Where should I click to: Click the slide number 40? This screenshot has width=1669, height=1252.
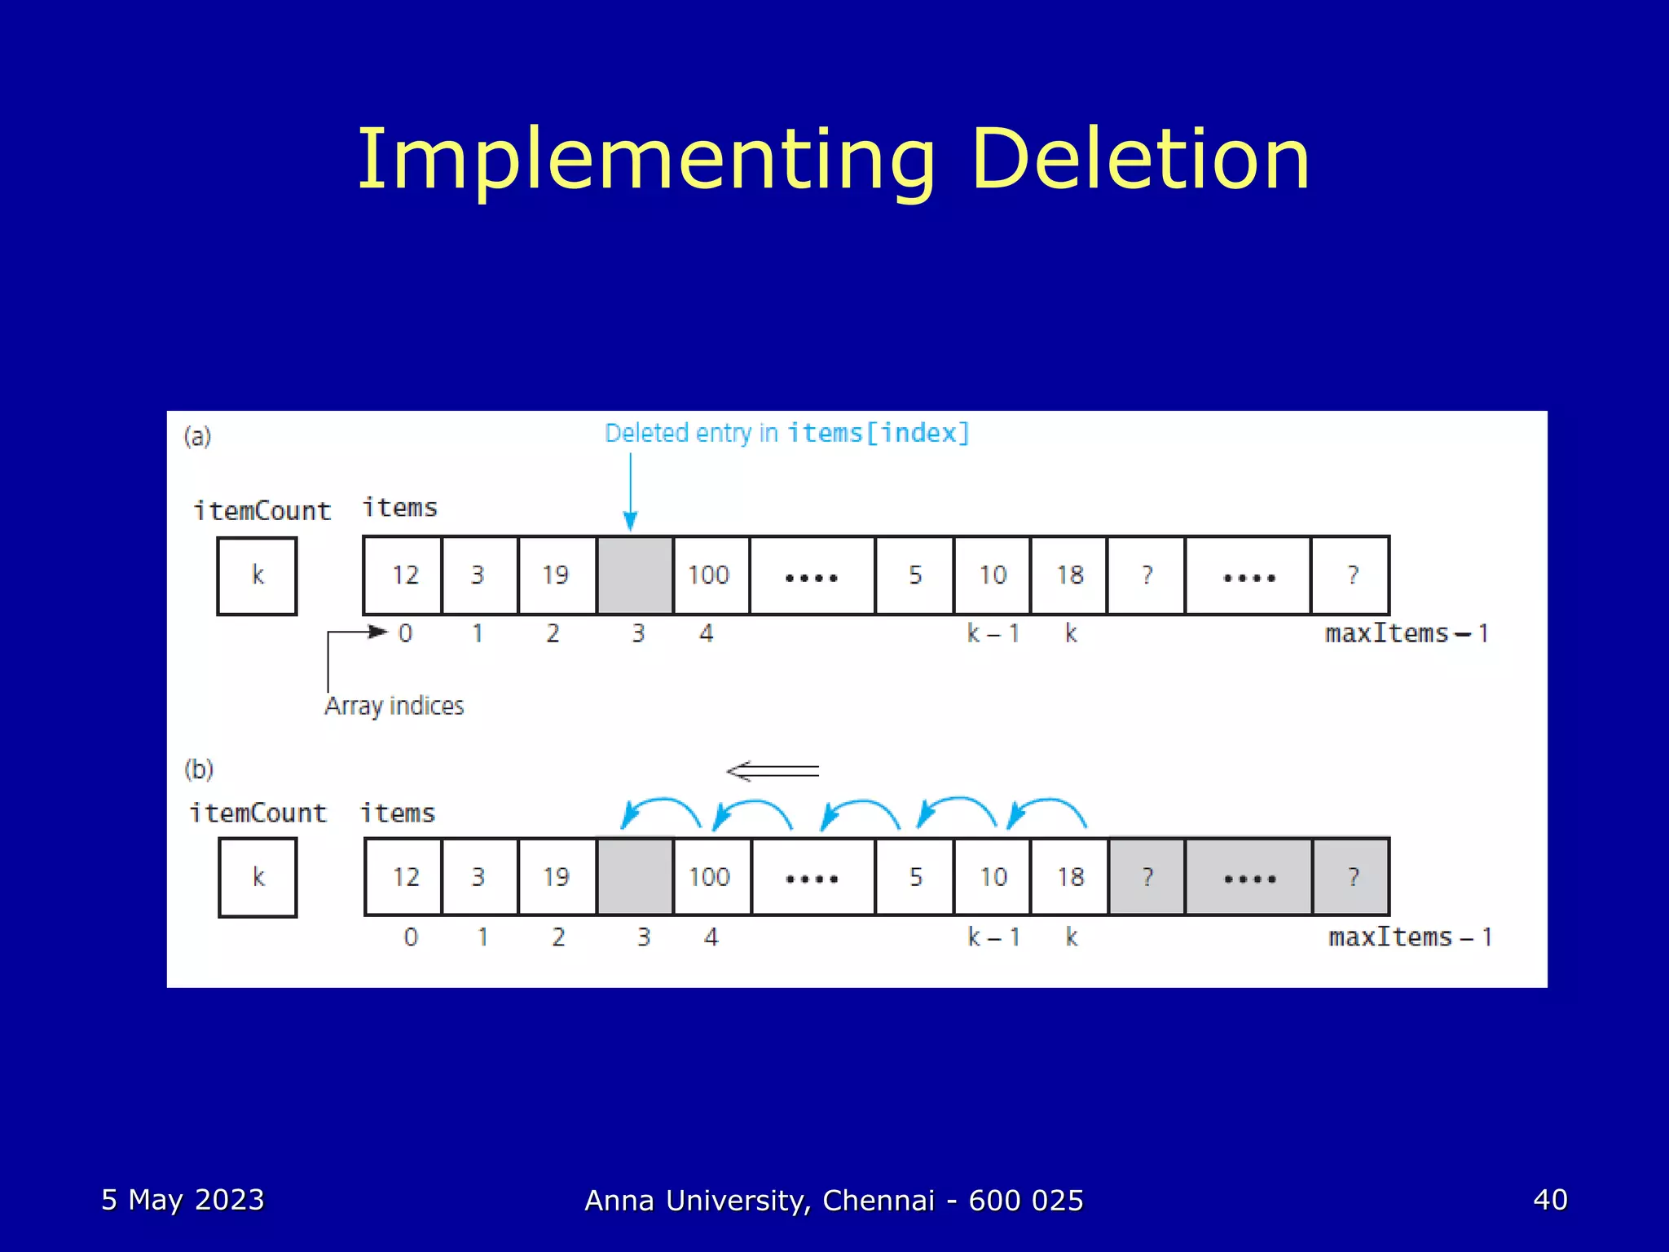(x=1550, y=1200)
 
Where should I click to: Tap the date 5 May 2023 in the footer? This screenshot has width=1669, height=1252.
(x=183, y=1200)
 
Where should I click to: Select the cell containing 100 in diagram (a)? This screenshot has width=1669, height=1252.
(x=708, y=575)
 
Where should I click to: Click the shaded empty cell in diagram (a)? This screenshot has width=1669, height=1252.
(x=635, y=575)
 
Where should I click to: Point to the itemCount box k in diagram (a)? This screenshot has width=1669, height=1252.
(x=258, y=575)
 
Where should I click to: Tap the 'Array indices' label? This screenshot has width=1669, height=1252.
(x=394, y=705)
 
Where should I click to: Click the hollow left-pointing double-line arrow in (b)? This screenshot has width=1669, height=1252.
(x=773, y=771)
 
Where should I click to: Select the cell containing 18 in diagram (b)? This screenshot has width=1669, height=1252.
(x=1070, y=877)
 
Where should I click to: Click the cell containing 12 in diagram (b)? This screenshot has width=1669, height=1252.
(x=405, y=877)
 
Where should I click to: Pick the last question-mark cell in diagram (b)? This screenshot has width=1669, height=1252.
(x=1352, y=877)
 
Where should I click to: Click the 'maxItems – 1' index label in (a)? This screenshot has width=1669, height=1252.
(x=1407, y=633)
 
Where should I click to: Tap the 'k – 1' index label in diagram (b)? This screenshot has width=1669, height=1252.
(x=993, y=937)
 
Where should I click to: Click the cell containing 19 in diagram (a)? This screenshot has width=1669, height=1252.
(x=556, y=575)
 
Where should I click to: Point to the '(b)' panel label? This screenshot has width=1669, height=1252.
(x=199, y=769)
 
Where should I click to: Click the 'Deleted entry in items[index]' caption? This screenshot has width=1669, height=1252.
(x=786, y=433)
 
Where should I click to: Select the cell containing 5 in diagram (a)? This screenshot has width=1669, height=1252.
(x=915, y=575)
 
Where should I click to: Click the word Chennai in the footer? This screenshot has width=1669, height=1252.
(x=879, y=1201)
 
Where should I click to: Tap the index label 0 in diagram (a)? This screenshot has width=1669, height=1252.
(x=405, y=633)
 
